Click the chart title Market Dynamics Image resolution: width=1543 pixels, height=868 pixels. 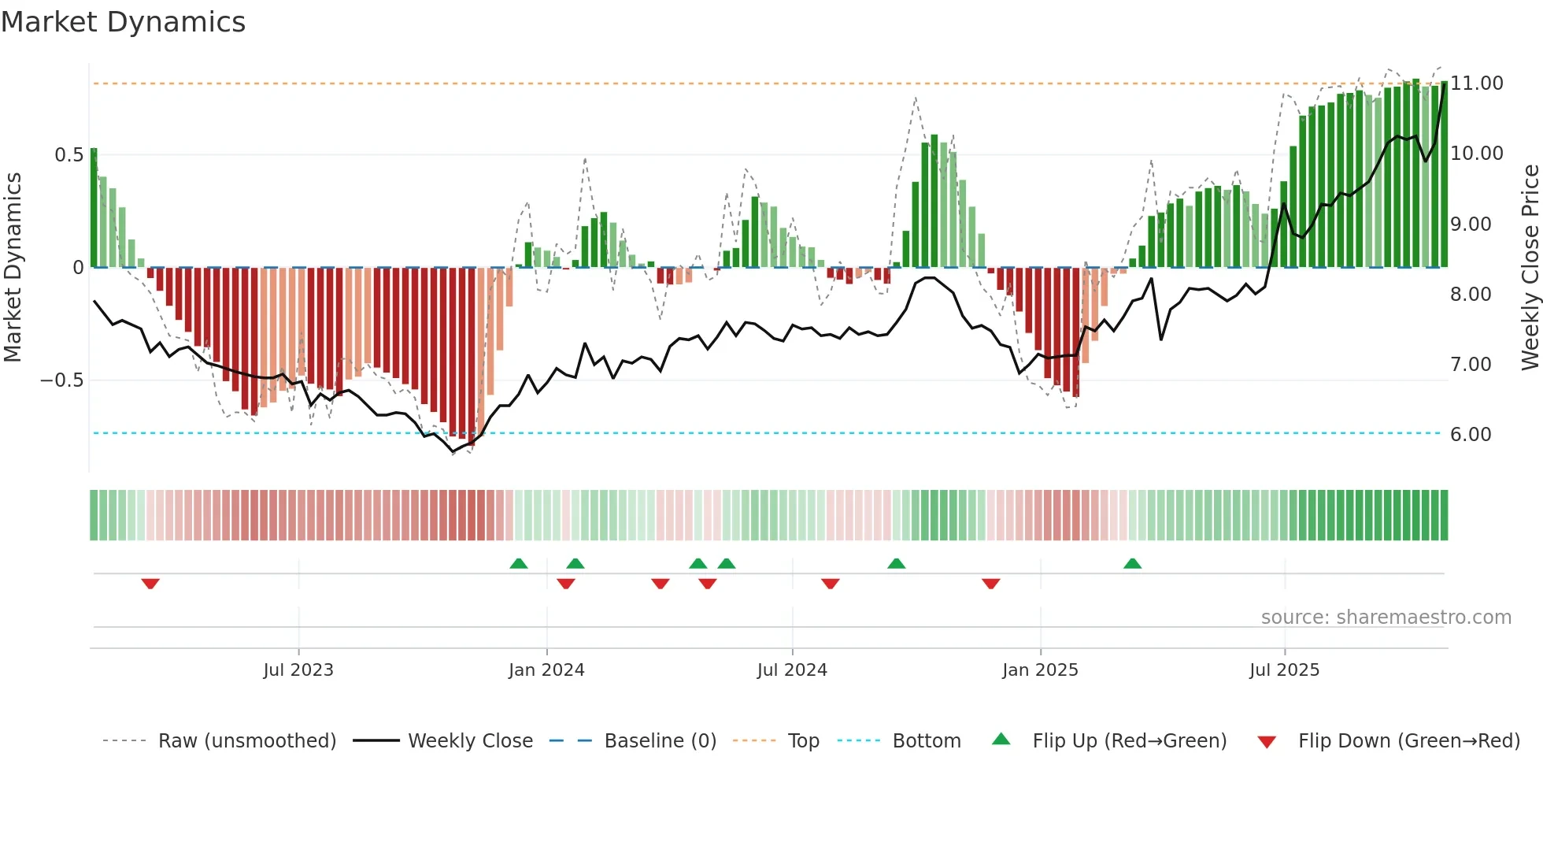click(x=123, y=22)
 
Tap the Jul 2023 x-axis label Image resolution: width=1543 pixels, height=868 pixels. click(x=298, y=670)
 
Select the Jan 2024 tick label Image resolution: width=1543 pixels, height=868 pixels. click(x=546, y=670)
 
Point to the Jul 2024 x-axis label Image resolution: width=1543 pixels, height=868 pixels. click(x=792, y=670)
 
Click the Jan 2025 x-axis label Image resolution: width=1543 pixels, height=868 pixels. click(x=1040, y=670)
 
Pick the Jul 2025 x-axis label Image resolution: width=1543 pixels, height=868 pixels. click(x=1284, y=670)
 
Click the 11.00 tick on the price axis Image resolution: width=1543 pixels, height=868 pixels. click(x=1477, y=83)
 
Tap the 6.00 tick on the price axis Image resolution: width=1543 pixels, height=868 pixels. click(x=1471, y=435)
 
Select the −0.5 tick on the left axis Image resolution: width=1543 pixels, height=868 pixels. click(x=62, y=380)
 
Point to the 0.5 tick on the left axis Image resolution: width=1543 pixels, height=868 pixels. click(x=68, y=155)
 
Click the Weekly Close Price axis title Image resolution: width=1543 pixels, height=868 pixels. click(x=1530, y=268)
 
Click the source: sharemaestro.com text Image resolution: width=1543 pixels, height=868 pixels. click(x=1386, y=618)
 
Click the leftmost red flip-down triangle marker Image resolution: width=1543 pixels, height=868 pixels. click(x=150, y=584)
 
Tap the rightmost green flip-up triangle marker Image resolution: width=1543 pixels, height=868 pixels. click(x=1132, y=563)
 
